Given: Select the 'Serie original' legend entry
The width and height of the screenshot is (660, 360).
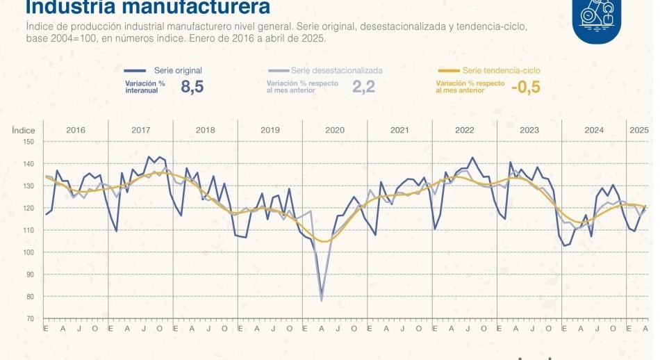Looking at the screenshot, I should click(x=177, y=71).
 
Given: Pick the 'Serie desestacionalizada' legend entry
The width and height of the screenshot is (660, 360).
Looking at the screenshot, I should click(x=337, y=71).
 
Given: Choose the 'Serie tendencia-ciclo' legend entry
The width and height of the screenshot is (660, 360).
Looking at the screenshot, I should click(x=501, y=71).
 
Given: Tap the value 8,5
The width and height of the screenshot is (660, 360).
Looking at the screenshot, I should click(x=192, y=87).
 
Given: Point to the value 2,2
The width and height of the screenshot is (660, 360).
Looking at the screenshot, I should click(x=363, y=87).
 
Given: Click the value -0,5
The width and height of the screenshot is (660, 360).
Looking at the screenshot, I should click(x=525, y=87).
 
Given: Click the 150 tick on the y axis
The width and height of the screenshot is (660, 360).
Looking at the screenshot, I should click(x=28, y=141).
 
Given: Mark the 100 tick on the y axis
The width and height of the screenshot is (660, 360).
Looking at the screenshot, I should click(x=28, y=252).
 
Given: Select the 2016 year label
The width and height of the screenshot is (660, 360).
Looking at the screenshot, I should click(x=76, y=131).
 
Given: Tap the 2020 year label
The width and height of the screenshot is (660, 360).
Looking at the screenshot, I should click(x=335, y=131).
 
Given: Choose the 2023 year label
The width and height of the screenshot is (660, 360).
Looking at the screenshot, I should click(x=529, y=131).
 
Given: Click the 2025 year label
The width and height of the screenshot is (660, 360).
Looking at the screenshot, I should click(x=638, y=131).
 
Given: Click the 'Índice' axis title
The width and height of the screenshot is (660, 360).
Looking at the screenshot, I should click(x=24, y=131).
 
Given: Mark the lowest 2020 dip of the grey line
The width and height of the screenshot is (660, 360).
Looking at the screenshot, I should click(x=321, y=300).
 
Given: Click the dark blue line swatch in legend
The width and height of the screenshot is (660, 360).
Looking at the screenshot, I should click(x=135, y=71).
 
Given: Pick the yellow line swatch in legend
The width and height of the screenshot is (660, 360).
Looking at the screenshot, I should click(x=449, y=71).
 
